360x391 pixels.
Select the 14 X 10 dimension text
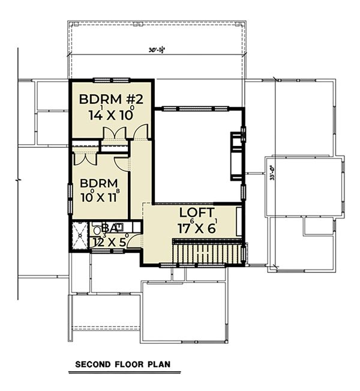[110, 115]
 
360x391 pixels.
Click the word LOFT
[197, 213]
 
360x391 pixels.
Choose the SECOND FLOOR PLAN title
[122, 364]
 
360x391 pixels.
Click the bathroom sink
[119, 226]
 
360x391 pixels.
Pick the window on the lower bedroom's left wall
[70, 195]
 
